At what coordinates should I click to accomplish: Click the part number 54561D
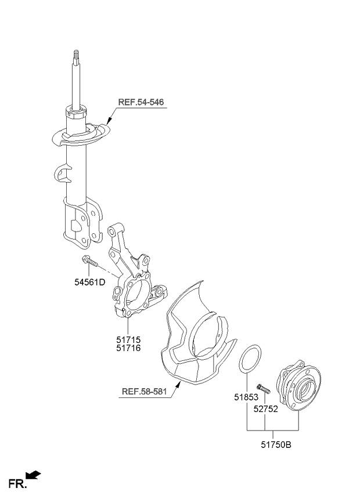click(x=89, y=282)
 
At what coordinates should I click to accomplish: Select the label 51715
click(x=128, y=339)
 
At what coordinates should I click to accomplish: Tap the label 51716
click(x=128, y=348)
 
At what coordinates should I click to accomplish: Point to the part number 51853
click(x=246, y=397)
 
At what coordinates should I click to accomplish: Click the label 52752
click(x=266, y=409)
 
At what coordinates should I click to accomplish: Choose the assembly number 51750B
click(x=276, y=444)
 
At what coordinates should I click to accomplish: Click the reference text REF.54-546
click(x=141, y=102)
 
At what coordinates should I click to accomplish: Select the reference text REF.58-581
click(x=145, y=391)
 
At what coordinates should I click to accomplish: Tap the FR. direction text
click(x=18, y=483)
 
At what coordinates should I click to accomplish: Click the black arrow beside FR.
click(x=33, y=475)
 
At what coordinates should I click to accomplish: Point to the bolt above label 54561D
click(x=89, y=261)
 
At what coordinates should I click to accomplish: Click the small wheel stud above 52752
click(x=263, y=389)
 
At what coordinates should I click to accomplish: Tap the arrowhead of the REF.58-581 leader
click(x=179, y=384)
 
